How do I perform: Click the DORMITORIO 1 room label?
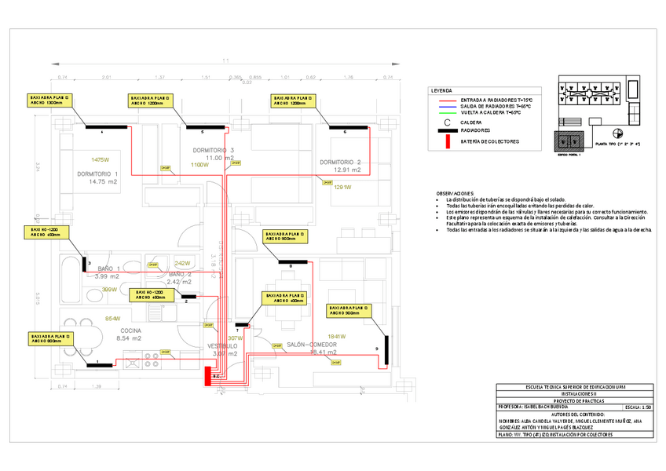tap(97, 173)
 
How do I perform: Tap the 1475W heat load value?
tap(100, 159)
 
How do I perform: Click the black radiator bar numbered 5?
tap(203, 127)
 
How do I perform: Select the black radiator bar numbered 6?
tap(344, 127)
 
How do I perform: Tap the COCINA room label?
tap(130, 330)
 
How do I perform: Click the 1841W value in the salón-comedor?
tap(338, 337)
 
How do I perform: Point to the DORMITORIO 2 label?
tap(340, 162)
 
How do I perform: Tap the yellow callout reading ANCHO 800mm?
tap(46, 338)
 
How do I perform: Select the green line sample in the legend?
tap(448, 113)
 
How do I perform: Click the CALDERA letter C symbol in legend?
tap(447, 122)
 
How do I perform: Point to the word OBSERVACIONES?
tap(456, 193)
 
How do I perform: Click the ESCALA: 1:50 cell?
tap(635, 408)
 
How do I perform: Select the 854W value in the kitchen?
tap(112, 319)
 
